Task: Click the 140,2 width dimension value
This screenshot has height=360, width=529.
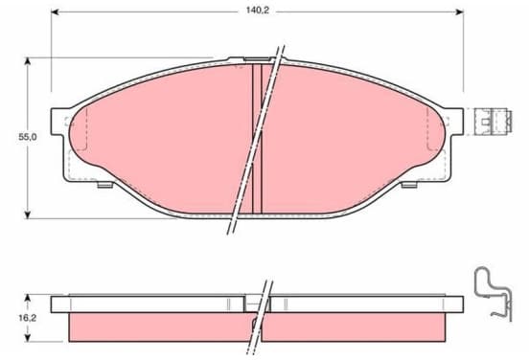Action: (257, 11)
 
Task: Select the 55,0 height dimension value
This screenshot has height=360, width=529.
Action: (28, 137)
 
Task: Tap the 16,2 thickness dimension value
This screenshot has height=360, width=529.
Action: (28, 318)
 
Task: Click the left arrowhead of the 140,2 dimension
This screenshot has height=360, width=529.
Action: (55, 12)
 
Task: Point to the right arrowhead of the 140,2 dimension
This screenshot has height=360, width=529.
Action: (459, 12)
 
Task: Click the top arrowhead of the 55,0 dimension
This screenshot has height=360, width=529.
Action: (28, 61)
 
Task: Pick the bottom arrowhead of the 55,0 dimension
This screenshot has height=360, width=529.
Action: (28, 214)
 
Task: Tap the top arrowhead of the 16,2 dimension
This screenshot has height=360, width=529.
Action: (28, 299)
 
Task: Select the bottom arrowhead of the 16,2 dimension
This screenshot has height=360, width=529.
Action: (28, 337)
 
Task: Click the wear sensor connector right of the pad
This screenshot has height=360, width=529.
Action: (494, 122)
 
